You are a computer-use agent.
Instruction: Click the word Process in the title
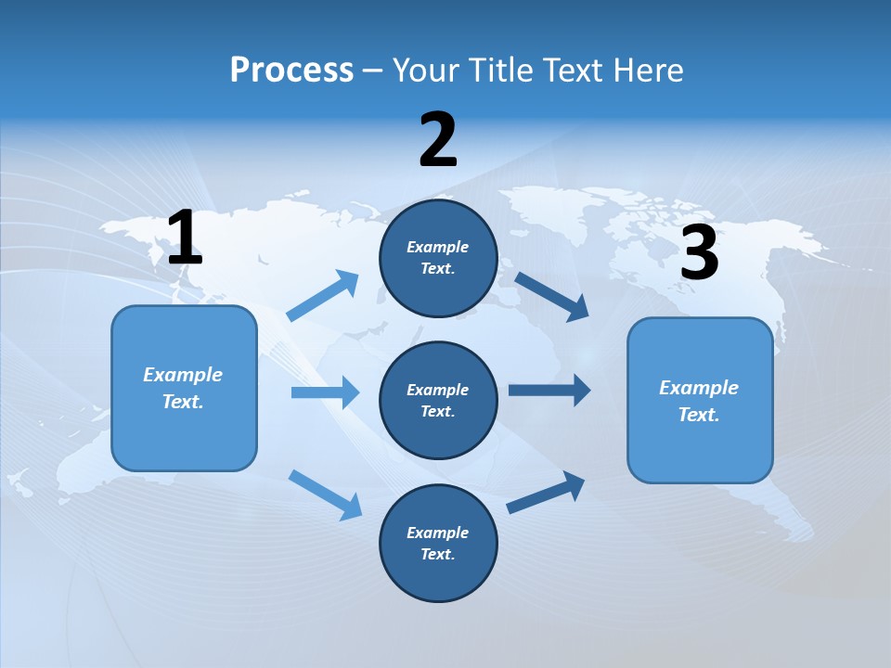click(x=291, y=71)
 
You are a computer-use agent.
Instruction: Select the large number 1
click(x=185, y=238)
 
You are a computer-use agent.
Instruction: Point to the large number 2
click(x=438, y=140)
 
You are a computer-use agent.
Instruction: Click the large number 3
click(x=699, y=253)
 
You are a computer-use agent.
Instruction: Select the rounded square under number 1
click(x=184, y=388)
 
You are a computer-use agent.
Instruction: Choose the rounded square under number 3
click(x=700, y=401)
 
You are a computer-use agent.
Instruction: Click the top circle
click(x=438, y=258)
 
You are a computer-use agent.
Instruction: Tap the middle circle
click(x=438, y=400)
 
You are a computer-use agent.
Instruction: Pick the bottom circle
click(x=438, y=543)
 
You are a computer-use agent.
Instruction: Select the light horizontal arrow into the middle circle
click(x=325, y=392)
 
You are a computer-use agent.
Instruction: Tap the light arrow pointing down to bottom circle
click(x=326, y=494)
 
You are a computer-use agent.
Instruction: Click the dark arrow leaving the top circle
click(x=552, y=296)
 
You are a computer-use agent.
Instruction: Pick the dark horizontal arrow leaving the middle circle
click(x=549, y=391)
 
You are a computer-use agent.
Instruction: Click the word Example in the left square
click(x=183, y=375)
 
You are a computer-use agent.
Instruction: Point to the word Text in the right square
click(x=698, y=415)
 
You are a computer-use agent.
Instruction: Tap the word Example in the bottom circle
click(x=437, y=533)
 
